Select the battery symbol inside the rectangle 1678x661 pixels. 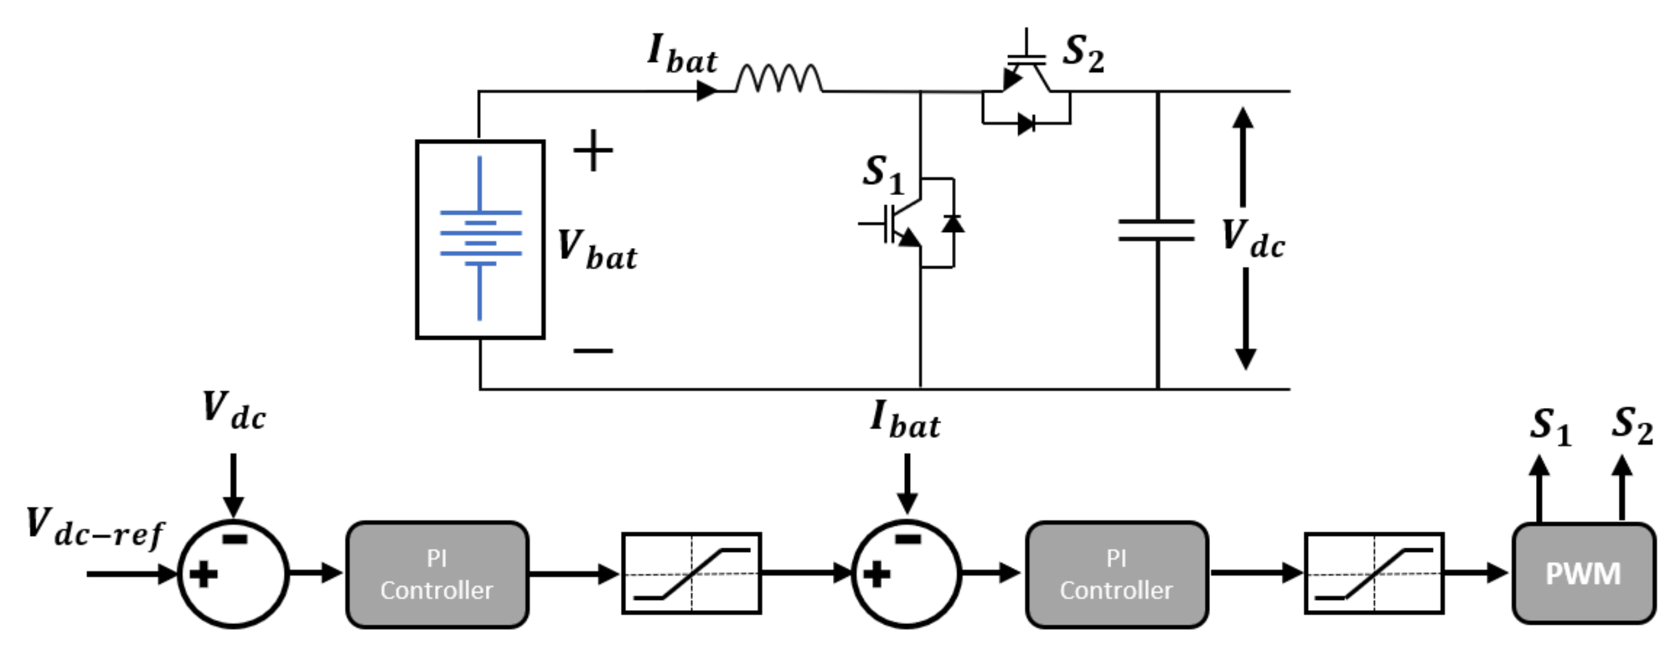click(480, 238)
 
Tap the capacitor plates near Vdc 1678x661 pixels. click(1156, 231)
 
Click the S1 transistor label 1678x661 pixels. click(883, 174)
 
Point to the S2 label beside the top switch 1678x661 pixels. click(1083, 53)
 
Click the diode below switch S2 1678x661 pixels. click(1027, 123)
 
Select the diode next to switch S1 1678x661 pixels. click(953, 224)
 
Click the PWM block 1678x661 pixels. click(1583, 574)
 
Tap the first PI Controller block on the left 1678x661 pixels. click(437, 574)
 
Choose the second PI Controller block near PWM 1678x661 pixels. click(1116, 574)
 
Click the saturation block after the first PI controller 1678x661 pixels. click(691, 574)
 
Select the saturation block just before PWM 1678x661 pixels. click(1374, 574)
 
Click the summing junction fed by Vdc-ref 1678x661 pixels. click(233, 574)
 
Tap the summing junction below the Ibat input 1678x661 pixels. click(906, 574)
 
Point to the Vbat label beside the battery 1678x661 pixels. click(597, 251)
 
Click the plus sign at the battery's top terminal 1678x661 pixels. click(593, 150)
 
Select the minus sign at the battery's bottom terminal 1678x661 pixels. click(593, 351)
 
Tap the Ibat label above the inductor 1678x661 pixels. click(682, 54)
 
